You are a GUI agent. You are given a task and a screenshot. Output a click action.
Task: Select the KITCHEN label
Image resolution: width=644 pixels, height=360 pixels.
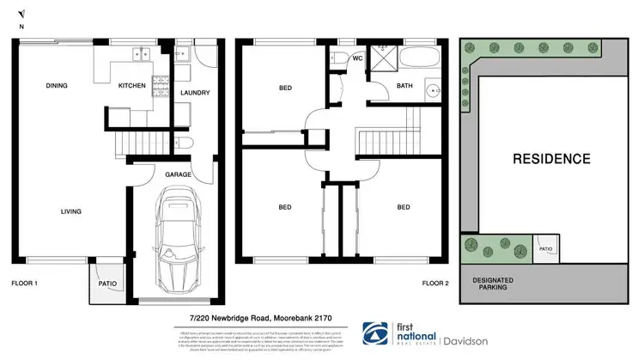(132, 85)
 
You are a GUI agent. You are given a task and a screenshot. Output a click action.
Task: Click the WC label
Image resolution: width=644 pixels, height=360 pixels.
(358, 59)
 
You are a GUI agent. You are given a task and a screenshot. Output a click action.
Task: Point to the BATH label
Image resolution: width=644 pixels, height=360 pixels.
(404, 86)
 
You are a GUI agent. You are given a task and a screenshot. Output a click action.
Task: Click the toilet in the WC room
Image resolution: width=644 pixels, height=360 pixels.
(336, 59)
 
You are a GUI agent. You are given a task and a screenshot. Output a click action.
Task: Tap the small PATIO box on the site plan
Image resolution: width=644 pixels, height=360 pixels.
(546, 250)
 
